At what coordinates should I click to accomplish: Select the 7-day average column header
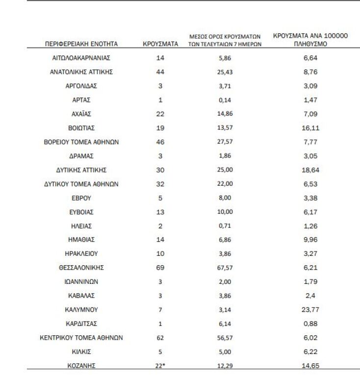pos(224,40)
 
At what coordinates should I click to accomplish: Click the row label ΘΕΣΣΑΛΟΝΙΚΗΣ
pos(81,268)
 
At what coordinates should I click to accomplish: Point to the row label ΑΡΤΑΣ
pos(81,100)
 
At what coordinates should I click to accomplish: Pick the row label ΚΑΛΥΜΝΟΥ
pos(81,310)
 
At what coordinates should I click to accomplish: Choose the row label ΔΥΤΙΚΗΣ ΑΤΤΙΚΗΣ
pos(81,170)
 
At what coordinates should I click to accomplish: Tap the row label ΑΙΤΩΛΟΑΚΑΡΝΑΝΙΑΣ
pos(81,57)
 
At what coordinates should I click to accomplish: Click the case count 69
pos(160,268)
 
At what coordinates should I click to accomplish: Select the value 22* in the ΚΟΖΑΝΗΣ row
pos(161,366)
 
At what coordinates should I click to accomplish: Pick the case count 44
pos(160,72)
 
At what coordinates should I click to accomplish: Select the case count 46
pos(160,142)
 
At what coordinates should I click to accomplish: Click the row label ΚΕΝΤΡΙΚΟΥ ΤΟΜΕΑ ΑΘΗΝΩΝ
pos(81,338)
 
